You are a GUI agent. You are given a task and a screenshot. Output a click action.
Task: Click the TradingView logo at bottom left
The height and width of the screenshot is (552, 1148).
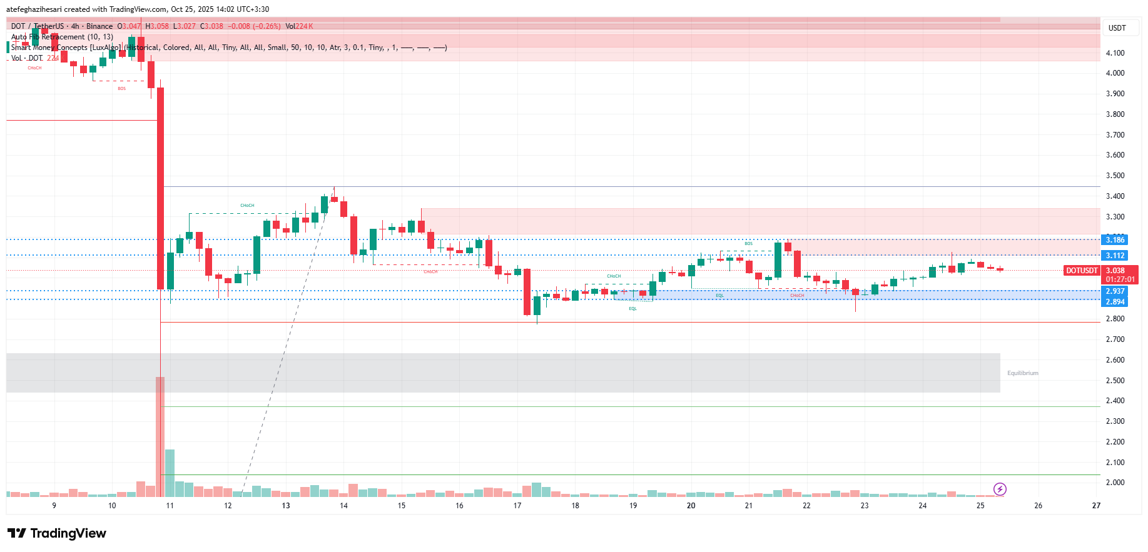57,533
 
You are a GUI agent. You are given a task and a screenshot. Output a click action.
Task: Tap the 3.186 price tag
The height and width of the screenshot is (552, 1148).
1115,240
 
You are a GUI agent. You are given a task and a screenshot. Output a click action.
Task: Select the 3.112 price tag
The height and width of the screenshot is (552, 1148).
1115,256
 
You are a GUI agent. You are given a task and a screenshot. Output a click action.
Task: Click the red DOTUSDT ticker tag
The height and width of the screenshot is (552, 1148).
1082,271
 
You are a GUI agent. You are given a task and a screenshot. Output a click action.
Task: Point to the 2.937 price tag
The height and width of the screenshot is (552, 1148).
1115,291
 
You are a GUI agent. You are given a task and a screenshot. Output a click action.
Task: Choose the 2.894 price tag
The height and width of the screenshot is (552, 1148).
1115,302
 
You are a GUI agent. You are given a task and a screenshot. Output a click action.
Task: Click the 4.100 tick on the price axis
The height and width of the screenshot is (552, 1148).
1115,53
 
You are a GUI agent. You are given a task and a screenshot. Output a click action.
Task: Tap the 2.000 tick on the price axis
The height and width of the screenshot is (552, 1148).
1115,483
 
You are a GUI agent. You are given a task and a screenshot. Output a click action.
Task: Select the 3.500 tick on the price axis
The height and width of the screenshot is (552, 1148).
1115,176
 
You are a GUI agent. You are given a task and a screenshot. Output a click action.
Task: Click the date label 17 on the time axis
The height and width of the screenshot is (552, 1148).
517,506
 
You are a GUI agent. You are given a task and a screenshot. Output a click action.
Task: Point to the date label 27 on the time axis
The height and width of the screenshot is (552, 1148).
1096,506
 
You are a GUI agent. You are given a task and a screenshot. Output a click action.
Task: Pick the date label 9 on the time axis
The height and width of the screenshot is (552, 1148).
54,506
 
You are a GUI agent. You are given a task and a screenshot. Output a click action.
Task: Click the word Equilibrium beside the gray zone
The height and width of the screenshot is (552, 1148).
1022,373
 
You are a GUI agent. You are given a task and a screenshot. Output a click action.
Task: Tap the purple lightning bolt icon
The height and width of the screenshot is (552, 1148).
1000,489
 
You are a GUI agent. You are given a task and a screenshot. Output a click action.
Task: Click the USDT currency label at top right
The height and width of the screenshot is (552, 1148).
1117,28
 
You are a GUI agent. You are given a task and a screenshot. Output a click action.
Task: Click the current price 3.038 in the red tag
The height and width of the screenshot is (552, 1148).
1115,271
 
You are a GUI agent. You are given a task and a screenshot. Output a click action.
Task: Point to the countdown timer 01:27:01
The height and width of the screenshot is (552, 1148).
1120,279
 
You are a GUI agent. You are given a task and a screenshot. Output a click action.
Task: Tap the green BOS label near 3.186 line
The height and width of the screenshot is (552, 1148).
748,244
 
